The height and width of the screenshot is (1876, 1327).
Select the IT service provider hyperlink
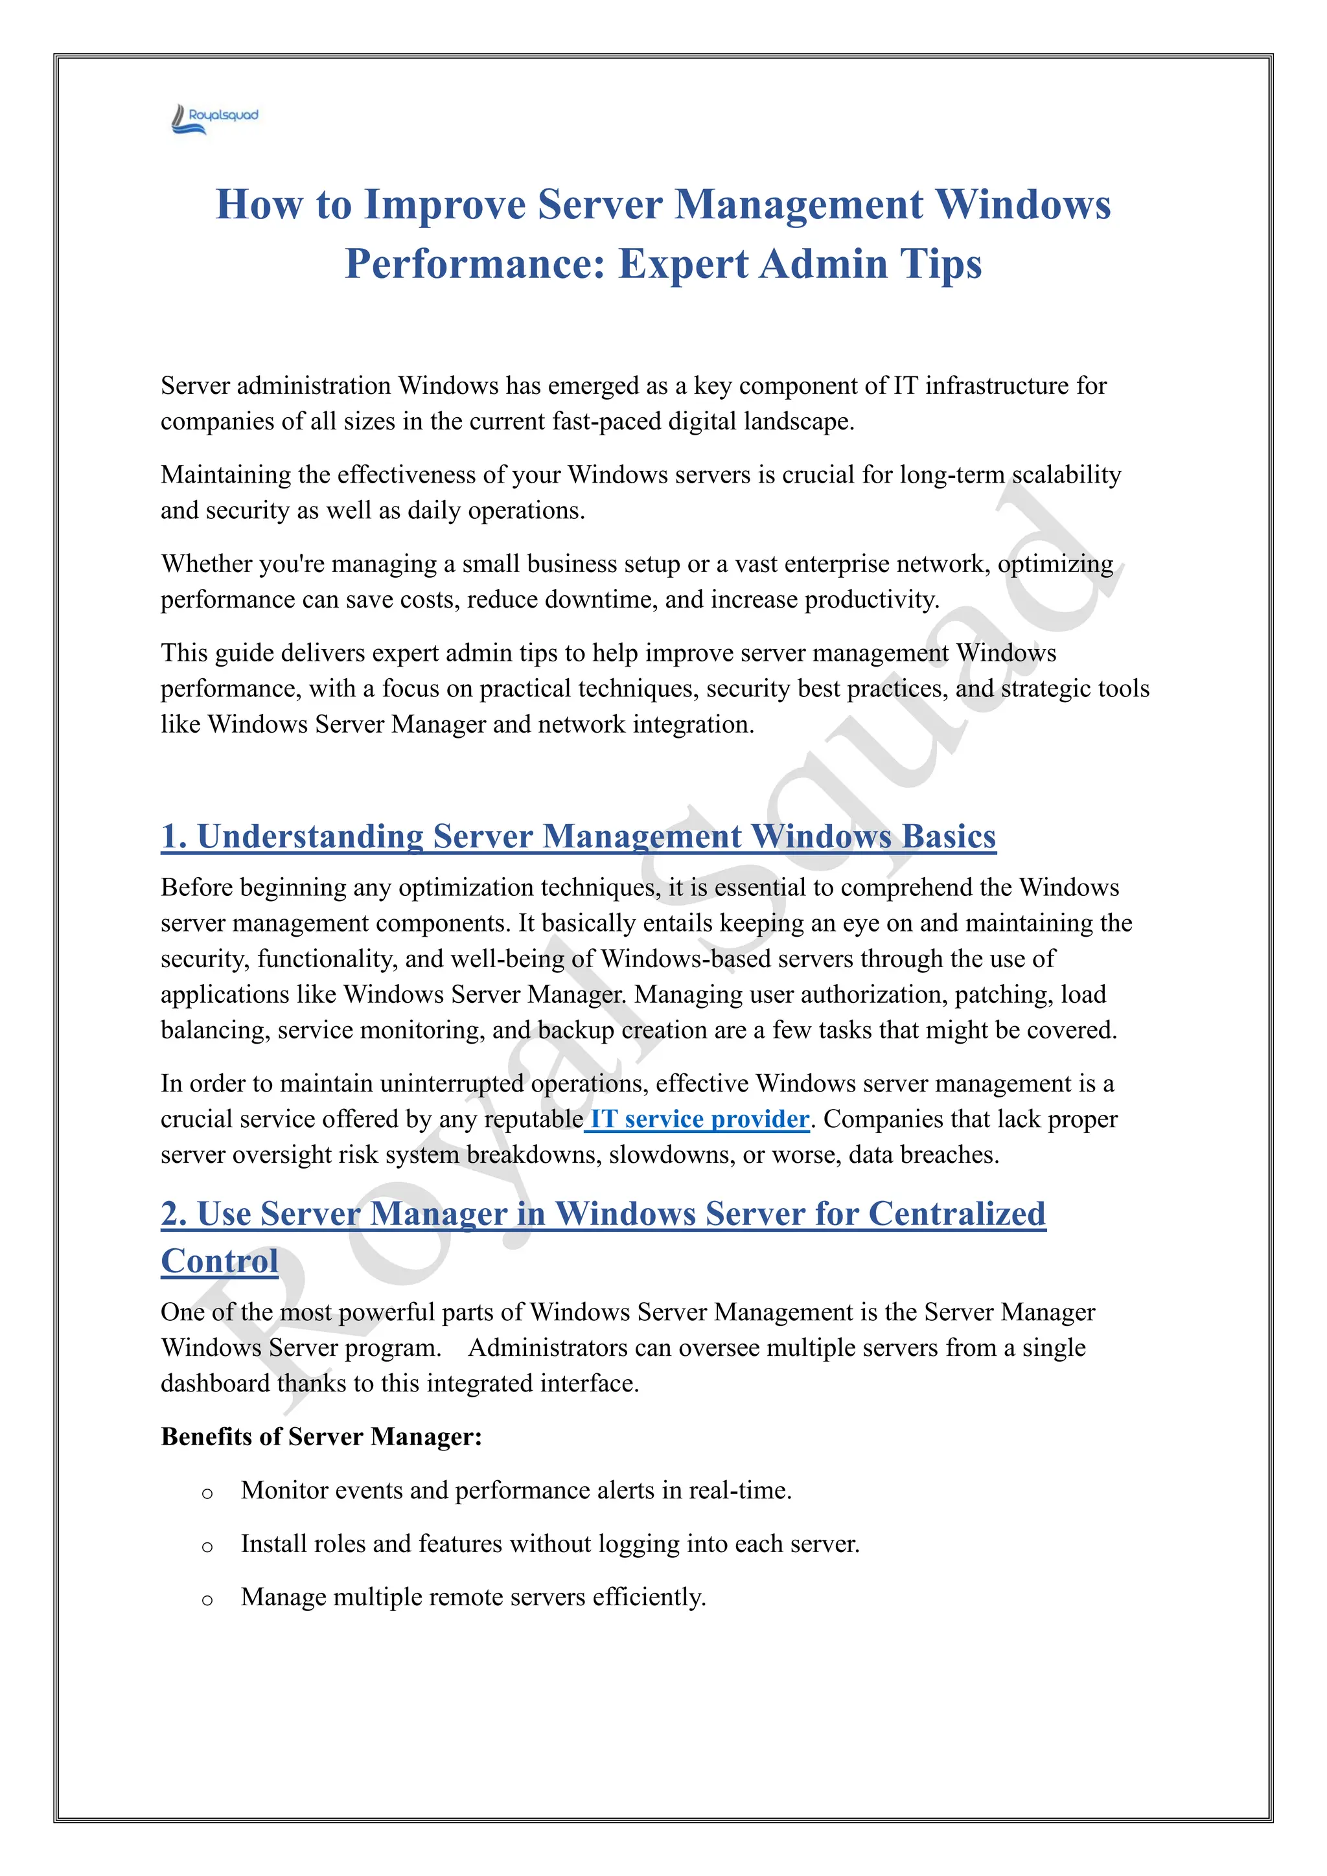click(x=698, y=1119)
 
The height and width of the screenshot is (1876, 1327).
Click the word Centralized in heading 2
click(x=956, y=1213)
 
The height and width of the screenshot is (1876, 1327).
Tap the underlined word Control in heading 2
click(x=219, y=1261)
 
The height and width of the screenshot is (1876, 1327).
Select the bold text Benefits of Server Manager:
click(x=321, y=1436)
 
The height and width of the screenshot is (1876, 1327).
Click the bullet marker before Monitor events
click(x=207, y=1494)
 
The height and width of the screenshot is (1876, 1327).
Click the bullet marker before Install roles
click(x=207, y=1547)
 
